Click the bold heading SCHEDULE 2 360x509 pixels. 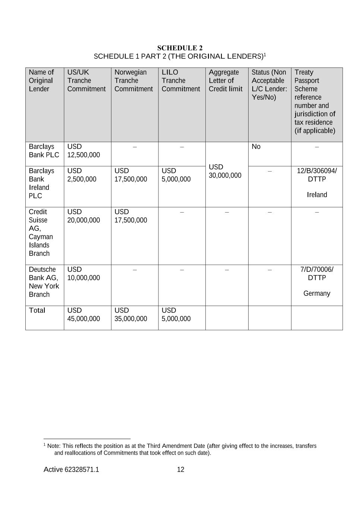click(x=180, y=48)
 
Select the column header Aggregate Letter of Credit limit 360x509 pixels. click(x=225, y=81)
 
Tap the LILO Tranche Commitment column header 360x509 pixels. click(x=180, y=81)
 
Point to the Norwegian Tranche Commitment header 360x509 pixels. click(x=133, y=81)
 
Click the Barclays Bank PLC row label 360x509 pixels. click(x=44, y=151)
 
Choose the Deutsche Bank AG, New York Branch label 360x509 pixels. click(x=44, y=282)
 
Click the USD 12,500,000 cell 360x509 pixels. click(x=83, y=151)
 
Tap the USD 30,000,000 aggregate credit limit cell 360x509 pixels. click(x=225, y=171)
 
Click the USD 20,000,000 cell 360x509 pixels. click(x=83, y=216)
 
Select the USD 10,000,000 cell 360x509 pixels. click(x=83, y=274)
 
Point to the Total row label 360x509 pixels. click(x=37, y=310)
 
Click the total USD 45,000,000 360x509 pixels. click(x=83, y=315)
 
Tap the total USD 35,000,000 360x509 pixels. click(x=130, y=315)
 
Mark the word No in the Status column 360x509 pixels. click(x=256, y=147)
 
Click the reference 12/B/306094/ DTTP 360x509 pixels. click(x=317, y=175)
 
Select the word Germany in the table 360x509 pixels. click(x=317, y=293)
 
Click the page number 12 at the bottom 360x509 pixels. click(x=180, y=469)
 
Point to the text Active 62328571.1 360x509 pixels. click(x=71, y=469)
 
